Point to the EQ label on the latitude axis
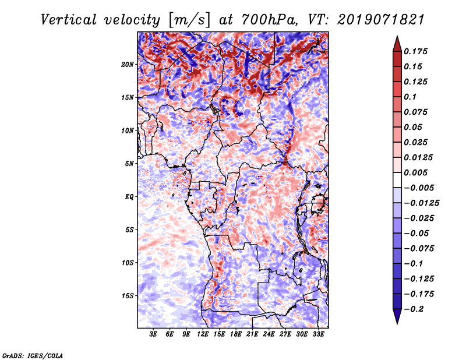tap(129, 197)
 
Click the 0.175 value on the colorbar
tap(418, 52)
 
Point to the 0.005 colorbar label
tap(418, 173)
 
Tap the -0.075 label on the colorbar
tap(421, 249)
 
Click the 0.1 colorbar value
tap(411, 97)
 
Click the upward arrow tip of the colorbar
tap(396, 38)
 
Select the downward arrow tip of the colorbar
tap(396, 322)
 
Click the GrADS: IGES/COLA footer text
tap(32, 355)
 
